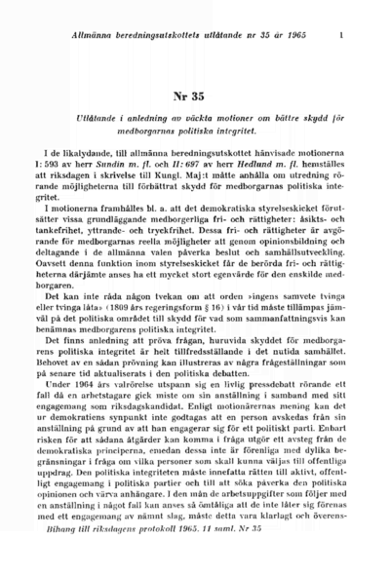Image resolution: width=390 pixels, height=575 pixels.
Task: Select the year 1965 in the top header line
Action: point(305,37)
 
